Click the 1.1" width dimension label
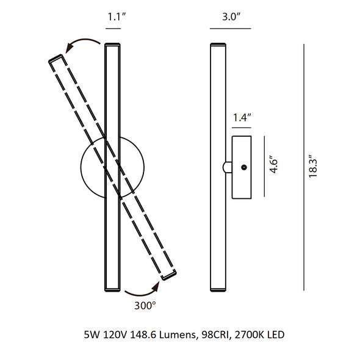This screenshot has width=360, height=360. coord(117,17)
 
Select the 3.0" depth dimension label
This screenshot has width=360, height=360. coord(231,16)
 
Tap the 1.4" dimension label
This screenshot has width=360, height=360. coord(242,118)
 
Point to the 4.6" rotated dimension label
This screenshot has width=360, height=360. coord(274,164)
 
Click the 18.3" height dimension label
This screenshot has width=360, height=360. coord(312,166)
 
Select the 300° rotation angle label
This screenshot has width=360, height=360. coord(145,306)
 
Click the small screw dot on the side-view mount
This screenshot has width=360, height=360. coord(244,167)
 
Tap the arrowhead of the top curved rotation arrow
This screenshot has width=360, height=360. coord(70,48)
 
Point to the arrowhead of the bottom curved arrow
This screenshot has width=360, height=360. coord(156,287)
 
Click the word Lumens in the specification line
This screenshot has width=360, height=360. coord(177,335)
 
